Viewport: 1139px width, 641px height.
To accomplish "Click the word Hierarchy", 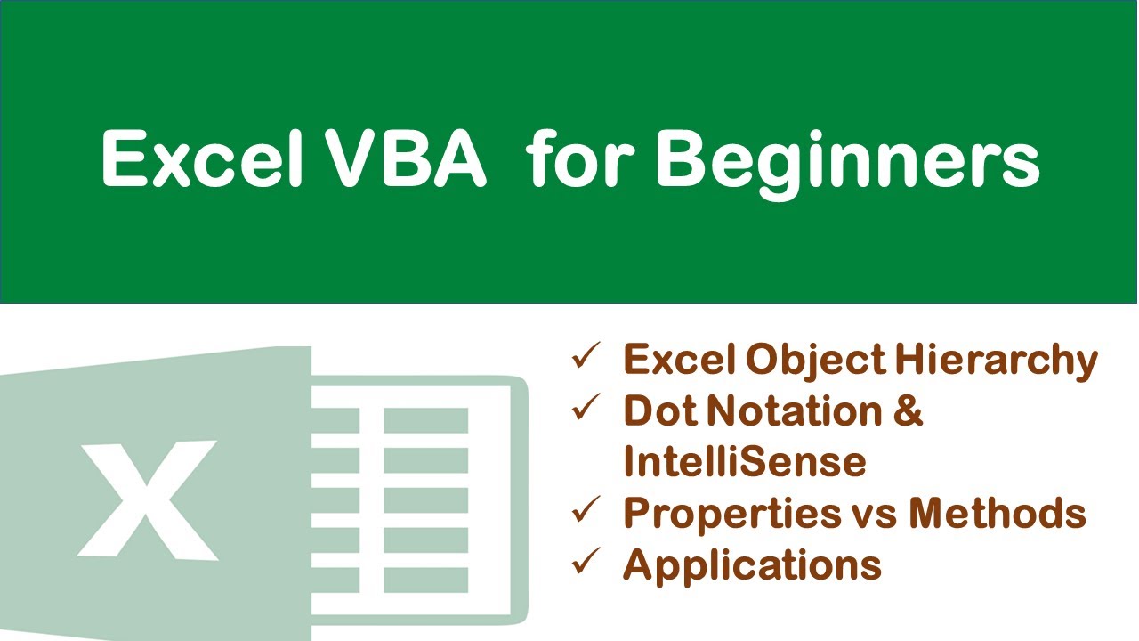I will (996, 361).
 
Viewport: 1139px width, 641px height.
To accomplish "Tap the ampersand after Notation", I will (904, 411).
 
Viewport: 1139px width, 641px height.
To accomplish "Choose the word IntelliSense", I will (744, 462).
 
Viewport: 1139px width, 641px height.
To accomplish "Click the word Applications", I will (753, 565).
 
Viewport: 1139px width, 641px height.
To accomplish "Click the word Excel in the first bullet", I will (680, 360).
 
